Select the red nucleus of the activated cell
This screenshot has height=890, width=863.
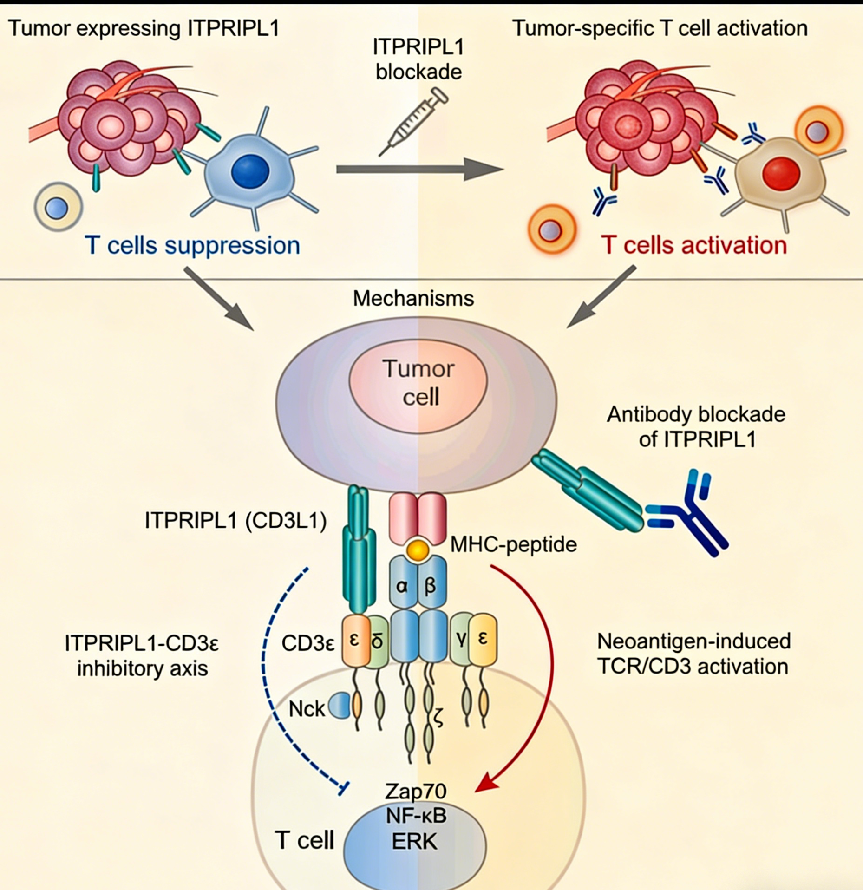point(781,174)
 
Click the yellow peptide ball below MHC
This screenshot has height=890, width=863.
point(418,550)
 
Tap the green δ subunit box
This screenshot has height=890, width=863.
point(378,641)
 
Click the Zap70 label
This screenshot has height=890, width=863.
point(416,791)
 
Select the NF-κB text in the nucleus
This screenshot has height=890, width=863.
point(416,816)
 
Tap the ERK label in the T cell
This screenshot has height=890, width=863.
point(414,841)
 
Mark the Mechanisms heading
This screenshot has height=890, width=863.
point(413,298)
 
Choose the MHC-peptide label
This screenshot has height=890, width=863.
point(514,544)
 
